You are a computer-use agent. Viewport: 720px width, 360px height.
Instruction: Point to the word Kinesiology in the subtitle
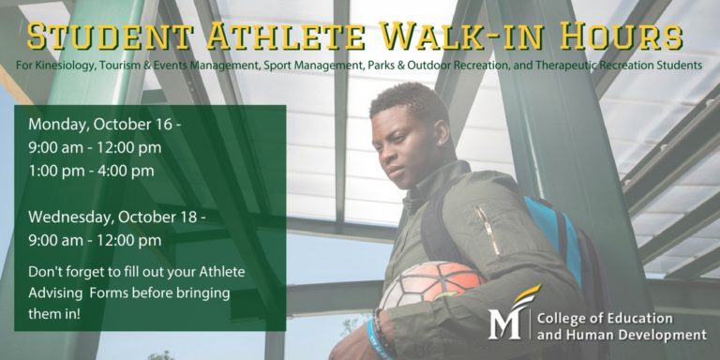click(x=63, y=67)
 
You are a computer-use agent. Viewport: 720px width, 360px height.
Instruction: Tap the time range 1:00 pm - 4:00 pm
click(x=91, y=171)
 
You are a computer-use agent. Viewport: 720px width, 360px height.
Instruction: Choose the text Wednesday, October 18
click(x=112, y=217)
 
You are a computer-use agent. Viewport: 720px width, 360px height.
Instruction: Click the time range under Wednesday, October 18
click(x=95, y=240)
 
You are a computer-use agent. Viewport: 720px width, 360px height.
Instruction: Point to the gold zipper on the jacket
click(x=487, y=229)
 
